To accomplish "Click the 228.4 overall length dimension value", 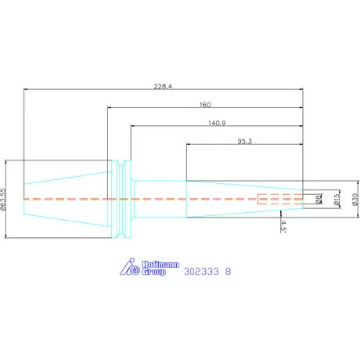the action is pos(163,86).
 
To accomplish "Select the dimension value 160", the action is pos(205,105).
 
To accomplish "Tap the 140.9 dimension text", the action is pos(217,123).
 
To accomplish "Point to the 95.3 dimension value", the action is pos(244,142).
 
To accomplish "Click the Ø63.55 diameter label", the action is pos(3,199).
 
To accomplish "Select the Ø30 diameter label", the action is pos(355,200).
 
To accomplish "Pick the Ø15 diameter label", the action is pos(337,199).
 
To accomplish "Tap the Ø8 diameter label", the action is pos(319,200).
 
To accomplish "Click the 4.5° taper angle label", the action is pos(283,226).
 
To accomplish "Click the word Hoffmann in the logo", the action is pos(160,265).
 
